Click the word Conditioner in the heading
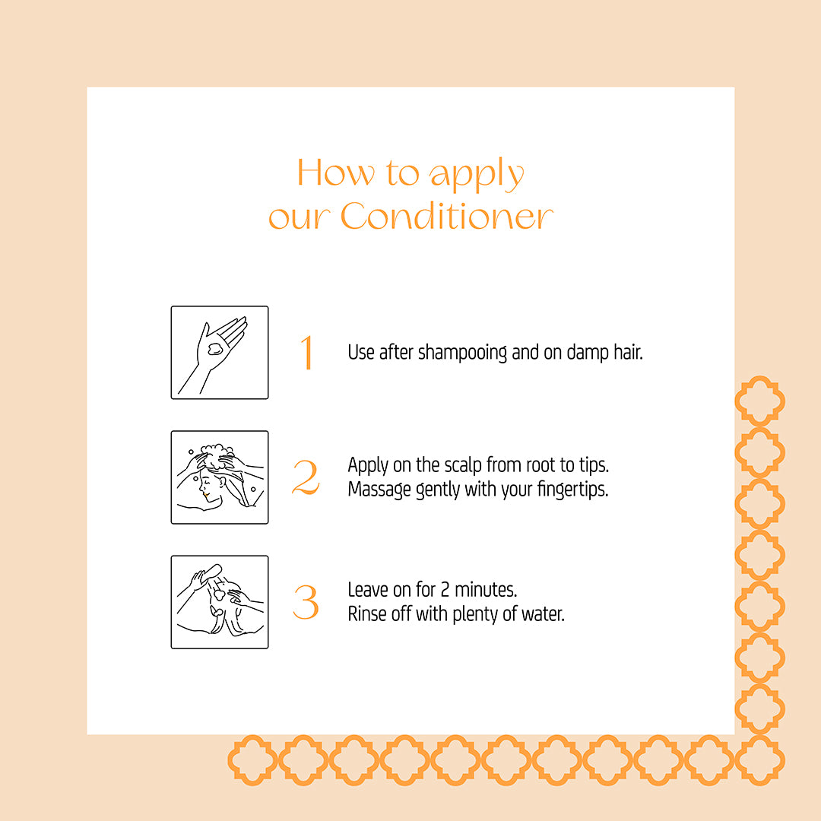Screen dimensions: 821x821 pyautogui.click(x=446, y=217)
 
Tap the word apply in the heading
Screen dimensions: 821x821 pyautogui.click(x=477, y=175)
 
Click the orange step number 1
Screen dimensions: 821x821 pyautogui.click(x=307, y=353)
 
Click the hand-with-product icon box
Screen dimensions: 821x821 pyautogui.click(x=220, y=353)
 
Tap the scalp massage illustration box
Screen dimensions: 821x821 pyautogui.click(x=220, y=477)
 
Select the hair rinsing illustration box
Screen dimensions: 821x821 pyautogui.click(x=220, y=602)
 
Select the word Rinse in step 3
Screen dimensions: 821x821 pyautogui.click(x=365, y=613)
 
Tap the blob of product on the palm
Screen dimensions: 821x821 pyautogui.click(x=215, y=350)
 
